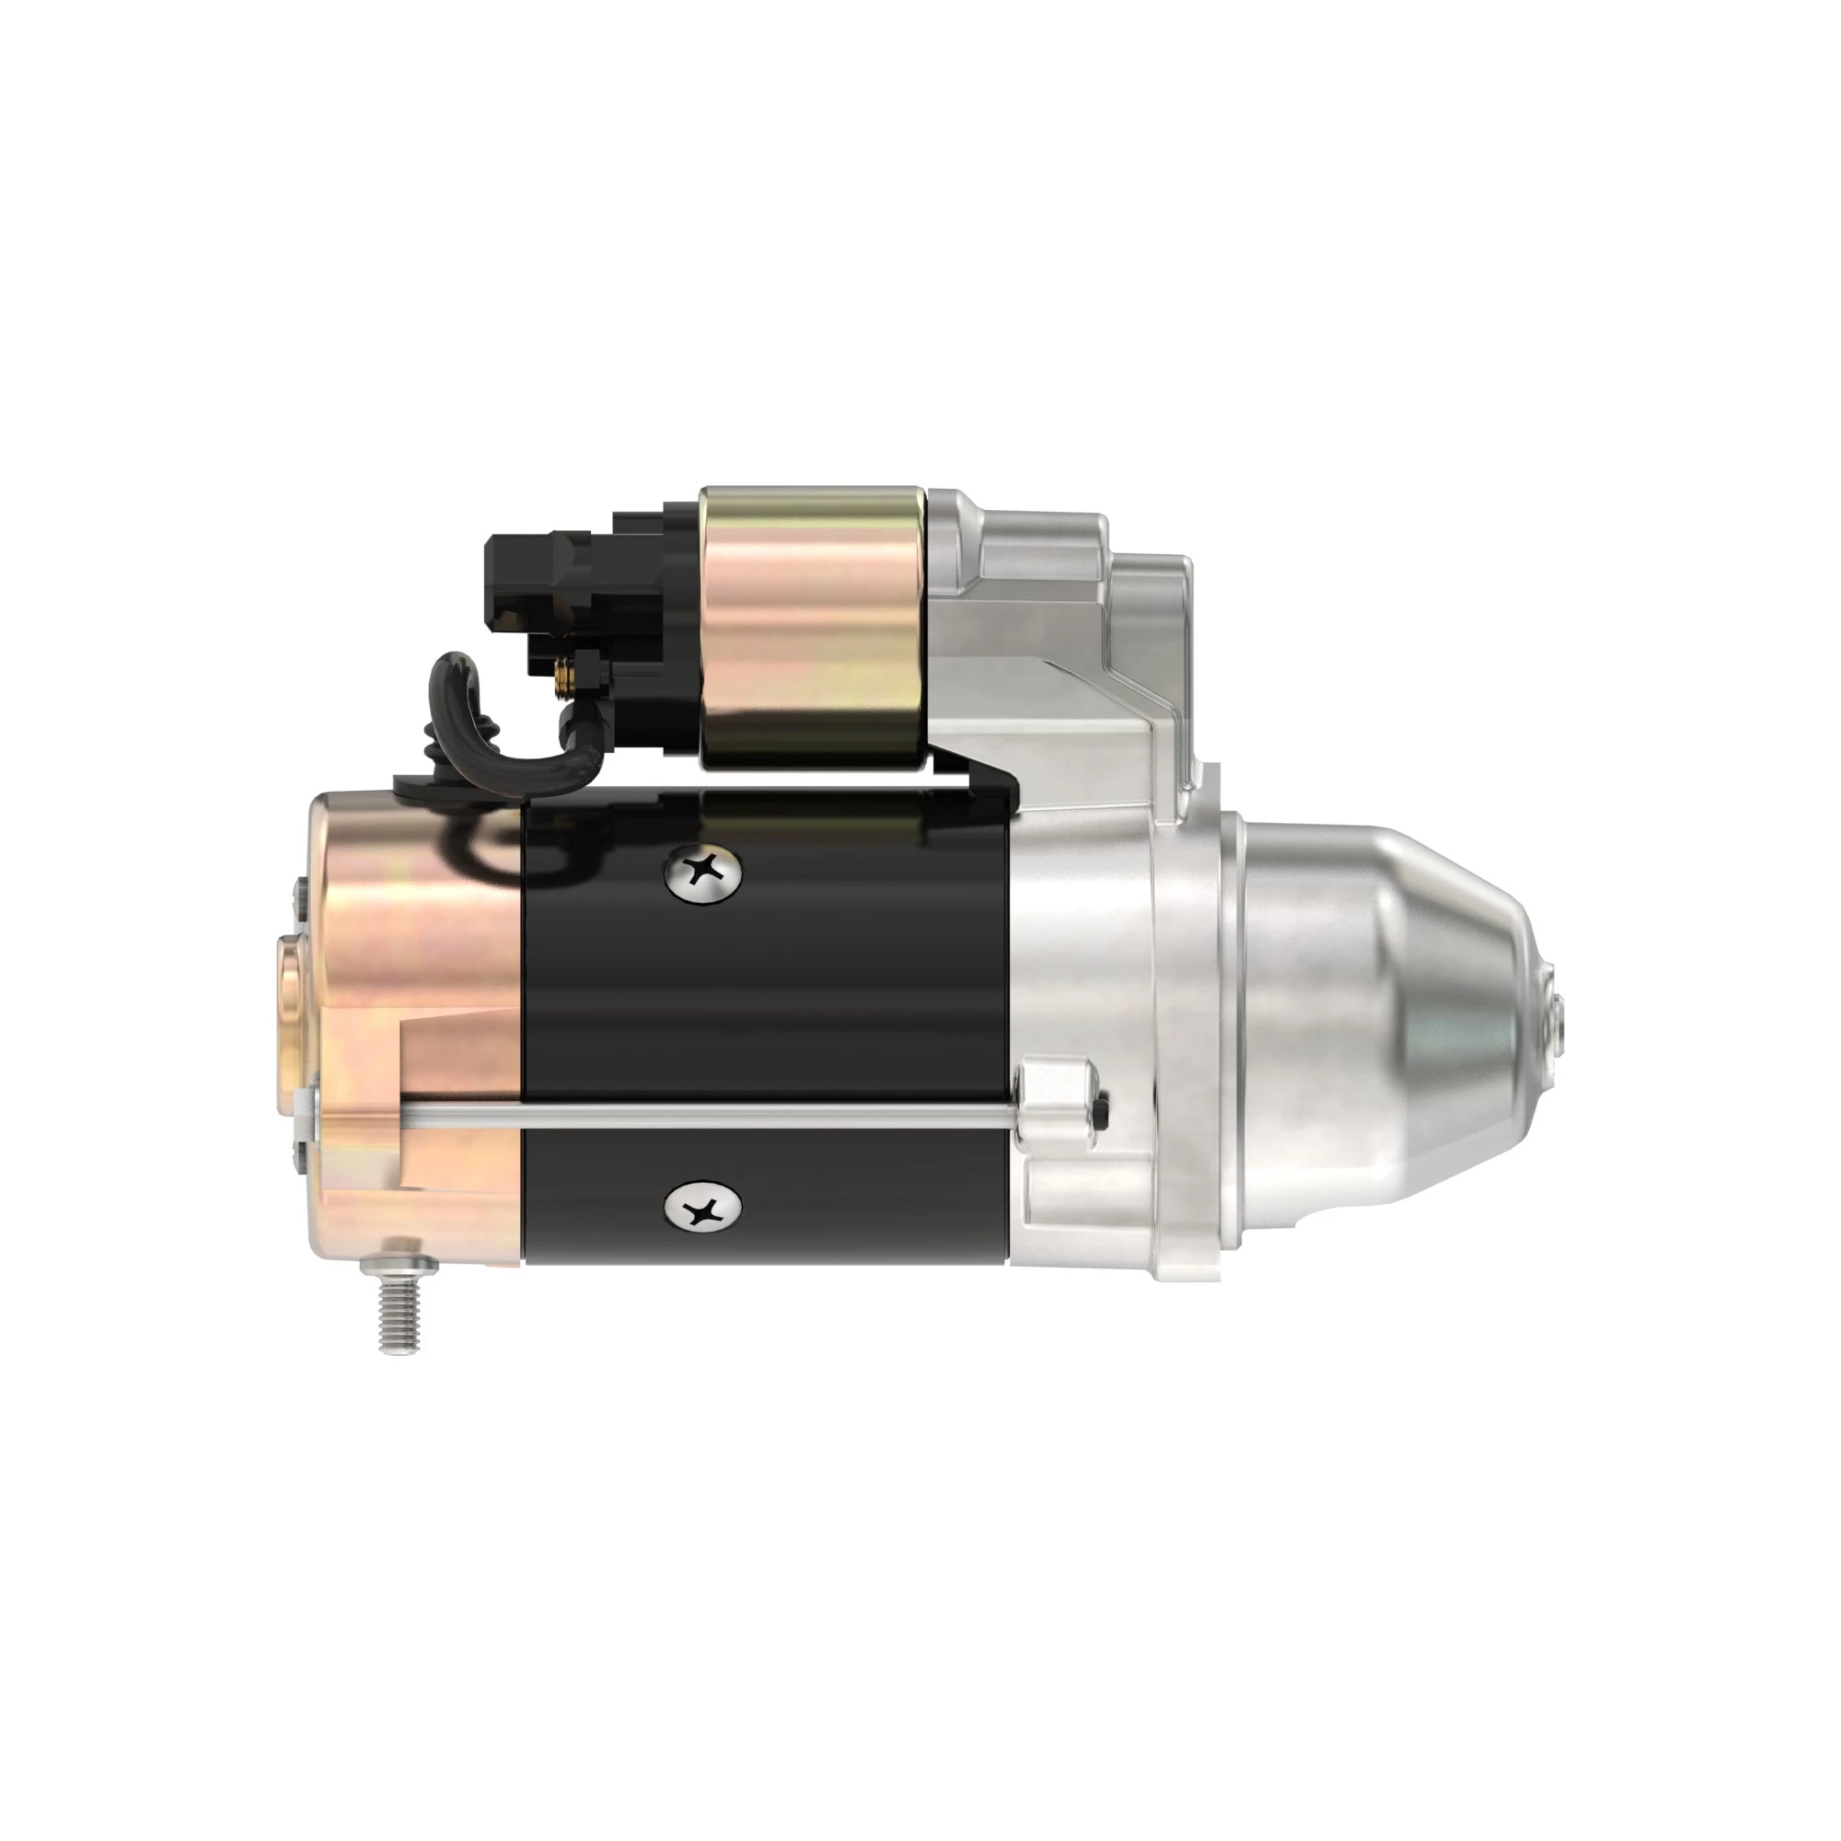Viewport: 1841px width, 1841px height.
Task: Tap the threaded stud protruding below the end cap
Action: coord(399,1309)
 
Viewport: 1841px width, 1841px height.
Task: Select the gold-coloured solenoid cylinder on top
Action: coord(813,628)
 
